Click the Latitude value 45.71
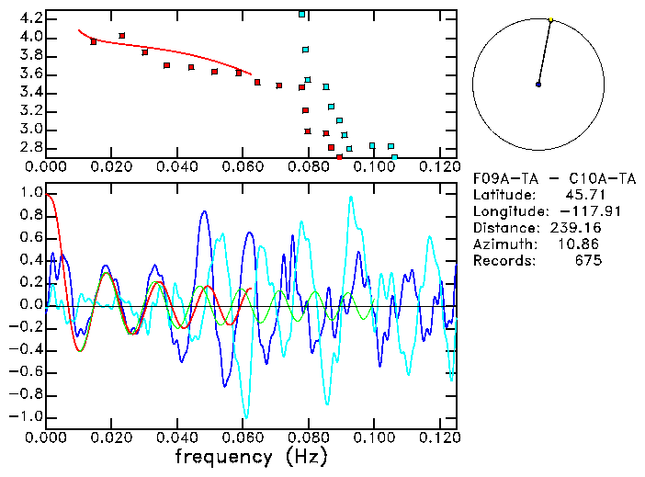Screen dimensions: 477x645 [x=583, y=195]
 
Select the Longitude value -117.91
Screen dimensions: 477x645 [x=575, y=211]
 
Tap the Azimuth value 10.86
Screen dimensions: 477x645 [x=583, y=244]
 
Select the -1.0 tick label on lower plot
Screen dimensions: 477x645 [x=28, y=416]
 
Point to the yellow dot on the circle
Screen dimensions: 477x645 [x=550, y=19]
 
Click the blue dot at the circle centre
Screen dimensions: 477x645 [x=538, y=85]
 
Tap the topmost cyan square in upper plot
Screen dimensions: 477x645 [x=301, y=15]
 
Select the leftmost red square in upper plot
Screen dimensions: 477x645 [x=94, y=41]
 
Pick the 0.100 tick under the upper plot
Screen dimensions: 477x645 [x=373, y=166]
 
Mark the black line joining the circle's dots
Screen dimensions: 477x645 [x=544, y=52]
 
